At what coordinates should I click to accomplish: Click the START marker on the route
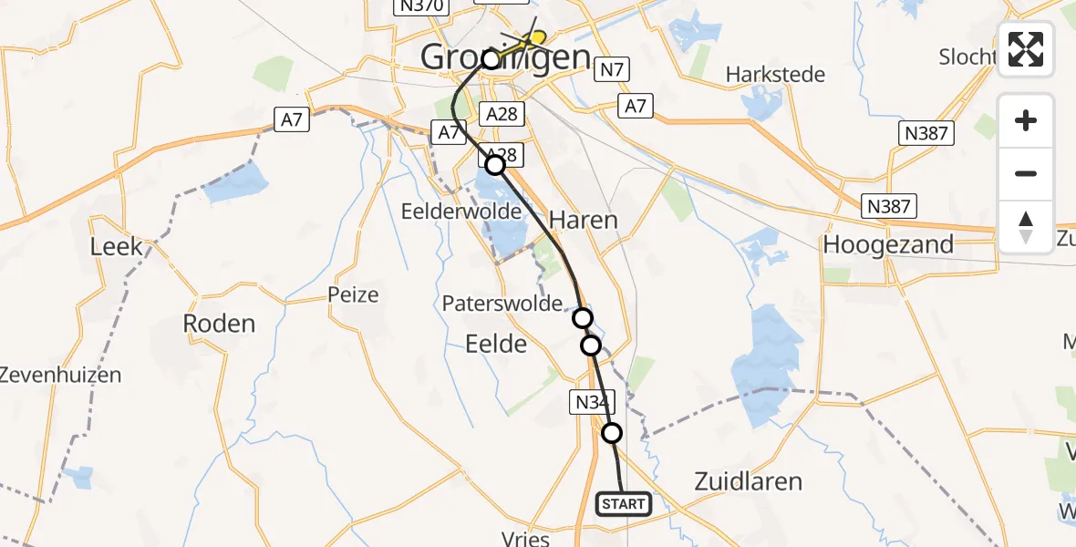click(624, 503)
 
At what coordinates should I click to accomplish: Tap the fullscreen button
click(1026, 49)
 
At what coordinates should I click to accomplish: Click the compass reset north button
click(1026, 227)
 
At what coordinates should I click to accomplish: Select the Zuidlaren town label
click(749, 481)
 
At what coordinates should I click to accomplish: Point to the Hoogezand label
click(888, 244)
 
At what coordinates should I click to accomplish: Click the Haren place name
click(583, 220)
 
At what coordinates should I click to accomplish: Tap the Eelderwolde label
click(461, 211)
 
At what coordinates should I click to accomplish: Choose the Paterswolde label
click(502, 304)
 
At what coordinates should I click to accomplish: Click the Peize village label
click(353, 294)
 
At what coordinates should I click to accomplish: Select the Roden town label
click(219, 323)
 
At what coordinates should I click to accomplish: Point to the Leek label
click(117, 246)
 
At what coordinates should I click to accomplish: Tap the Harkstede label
click(776, 74)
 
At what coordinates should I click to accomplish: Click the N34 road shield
click(595, 401)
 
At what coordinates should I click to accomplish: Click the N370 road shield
click(420, 6)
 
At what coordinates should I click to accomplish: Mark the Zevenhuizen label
click(60, 374)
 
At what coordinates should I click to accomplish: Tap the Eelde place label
click(496, 344)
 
